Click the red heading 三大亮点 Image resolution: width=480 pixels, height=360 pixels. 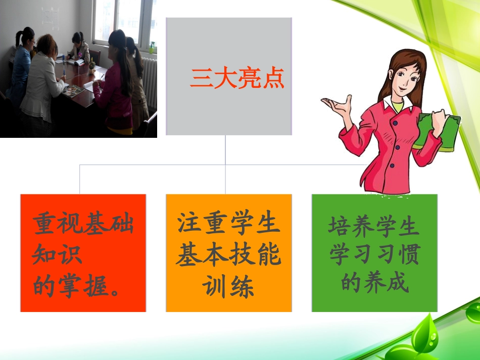[x=237, y=79]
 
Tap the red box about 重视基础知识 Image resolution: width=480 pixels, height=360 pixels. [x=83, y=252]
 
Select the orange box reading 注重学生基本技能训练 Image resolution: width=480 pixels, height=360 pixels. [x=228, y=252]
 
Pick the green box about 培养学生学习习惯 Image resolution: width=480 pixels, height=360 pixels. [x=374, y=252]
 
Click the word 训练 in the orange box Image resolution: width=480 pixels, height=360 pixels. [x=228, y=287]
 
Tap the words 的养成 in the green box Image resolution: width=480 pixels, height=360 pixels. [x=374, y=283]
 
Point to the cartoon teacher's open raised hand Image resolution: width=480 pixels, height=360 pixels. [x=337, y=105]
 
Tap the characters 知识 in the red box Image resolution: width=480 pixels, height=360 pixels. [x=57, y=255]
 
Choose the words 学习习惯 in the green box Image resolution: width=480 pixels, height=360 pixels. [x=374, y=255]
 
